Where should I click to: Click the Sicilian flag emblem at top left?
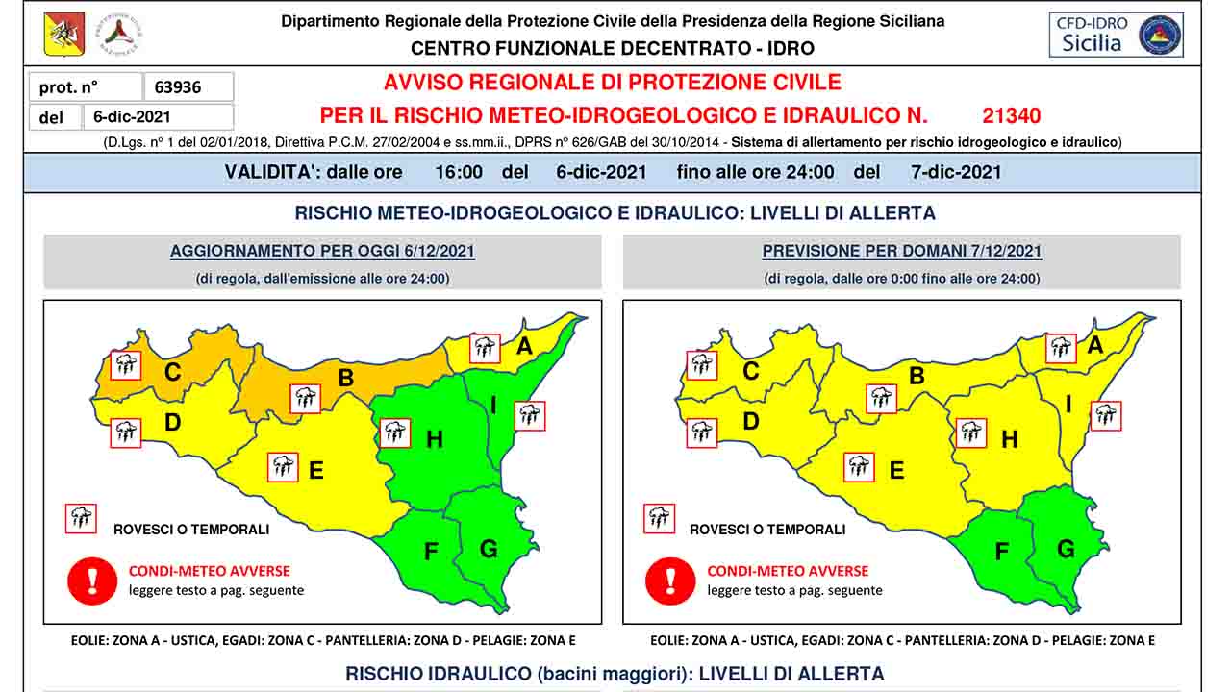point(64,35)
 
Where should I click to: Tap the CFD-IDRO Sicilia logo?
point(1116,35)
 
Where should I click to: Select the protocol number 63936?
point(178,87)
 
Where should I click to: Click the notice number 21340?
point(1011,116)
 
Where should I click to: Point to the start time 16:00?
point(459,173)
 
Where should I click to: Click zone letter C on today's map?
point(173,371)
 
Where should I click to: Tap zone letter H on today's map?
point(435,439)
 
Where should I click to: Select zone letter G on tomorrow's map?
point(1066,549)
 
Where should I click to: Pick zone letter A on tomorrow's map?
point(1094,344)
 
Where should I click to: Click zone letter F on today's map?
point(431,552)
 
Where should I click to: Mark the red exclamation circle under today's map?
point(92,581)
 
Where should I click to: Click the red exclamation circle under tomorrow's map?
point(669,581)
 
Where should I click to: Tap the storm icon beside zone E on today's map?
point(283,467)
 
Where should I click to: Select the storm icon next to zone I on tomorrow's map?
point(1106,415)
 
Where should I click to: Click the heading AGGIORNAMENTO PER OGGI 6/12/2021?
point(322,252)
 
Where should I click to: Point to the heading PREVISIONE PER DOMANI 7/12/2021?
point(901,252)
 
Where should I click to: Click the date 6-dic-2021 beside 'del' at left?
point(132,117)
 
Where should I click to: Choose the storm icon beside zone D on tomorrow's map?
point(702,432)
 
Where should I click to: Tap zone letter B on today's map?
point(346,378)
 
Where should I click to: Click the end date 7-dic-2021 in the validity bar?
point(956,173)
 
